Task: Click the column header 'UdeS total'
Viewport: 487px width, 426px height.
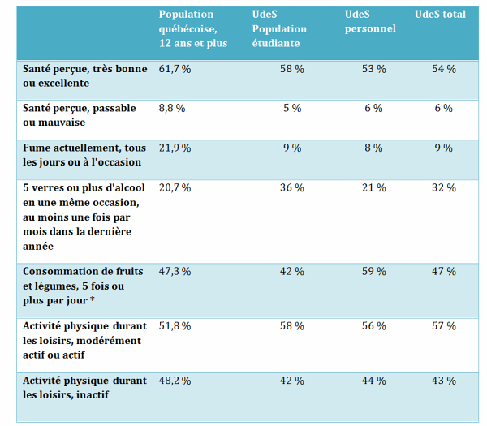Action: click(440, 15)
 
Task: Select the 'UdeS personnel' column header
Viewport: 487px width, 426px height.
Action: click(370, 22)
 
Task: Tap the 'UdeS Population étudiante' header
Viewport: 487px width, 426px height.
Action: click(280, 29)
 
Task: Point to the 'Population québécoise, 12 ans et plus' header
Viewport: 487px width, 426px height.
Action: click(193, 29)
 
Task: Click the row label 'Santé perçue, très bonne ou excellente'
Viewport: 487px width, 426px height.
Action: click(85, 76)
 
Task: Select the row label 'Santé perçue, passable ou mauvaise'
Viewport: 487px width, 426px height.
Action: click(80, 115)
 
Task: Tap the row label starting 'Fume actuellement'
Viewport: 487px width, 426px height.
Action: click(85, 155)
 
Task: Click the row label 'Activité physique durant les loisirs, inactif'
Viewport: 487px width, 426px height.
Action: click(85, 387)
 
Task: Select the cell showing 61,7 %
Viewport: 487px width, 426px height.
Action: click(175, 70)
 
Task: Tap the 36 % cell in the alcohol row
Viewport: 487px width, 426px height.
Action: click(291, 187)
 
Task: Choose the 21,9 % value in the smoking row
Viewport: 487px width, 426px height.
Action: click(175, 148)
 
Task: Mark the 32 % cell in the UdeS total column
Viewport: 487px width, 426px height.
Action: click(443, 187)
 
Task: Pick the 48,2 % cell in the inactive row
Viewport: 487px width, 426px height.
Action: click(175, 381)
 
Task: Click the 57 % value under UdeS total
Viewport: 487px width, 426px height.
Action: click(443, 325)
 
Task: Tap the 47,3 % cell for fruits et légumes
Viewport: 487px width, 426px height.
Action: click(175, 271)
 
